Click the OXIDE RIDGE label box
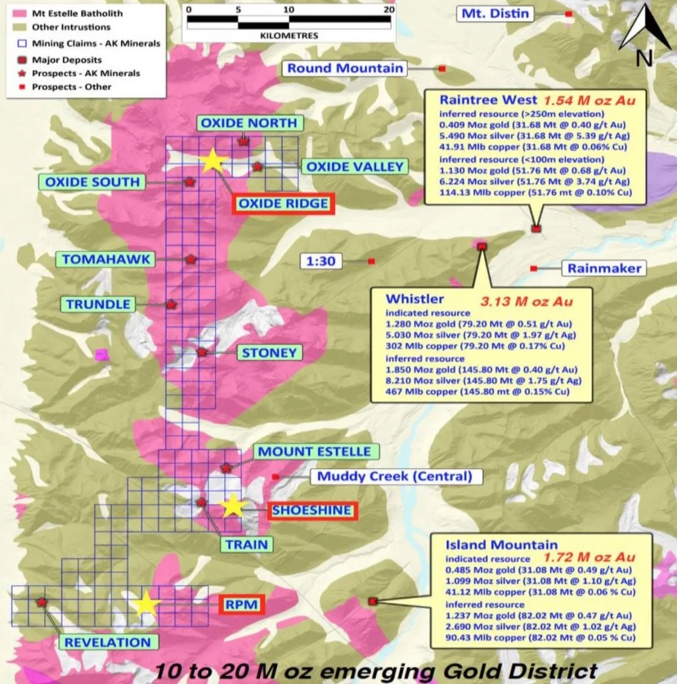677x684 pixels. coord(283,203)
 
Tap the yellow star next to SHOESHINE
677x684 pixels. coord(232,506)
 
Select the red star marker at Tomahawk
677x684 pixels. coord(190,260)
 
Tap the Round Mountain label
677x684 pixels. coord(346,68)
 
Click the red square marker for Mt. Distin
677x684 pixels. coord(568,13)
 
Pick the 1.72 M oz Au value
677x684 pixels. coord(589,557)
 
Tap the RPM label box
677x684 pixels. coord(241,605)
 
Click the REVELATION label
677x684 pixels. coord(107,642)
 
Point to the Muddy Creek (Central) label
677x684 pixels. coord(396,476)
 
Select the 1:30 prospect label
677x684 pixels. coord(321,261)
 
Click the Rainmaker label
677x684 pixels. coord(604,268)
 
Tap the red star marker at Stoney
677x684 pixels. coord(202,352)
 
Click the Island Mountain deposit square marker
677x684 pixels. coord(372,602)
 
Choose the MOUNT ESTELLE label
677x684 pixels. coord(314,452)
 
